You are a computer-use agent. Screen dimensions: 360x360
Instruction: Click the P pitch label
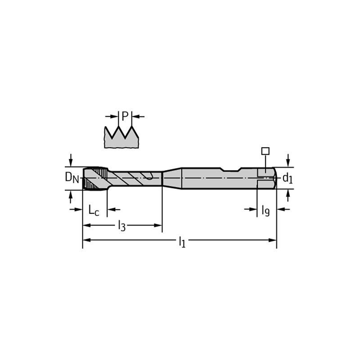tap(125, 116)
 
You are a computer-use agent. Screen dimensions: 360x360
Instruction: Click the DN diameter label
tap(72, 177)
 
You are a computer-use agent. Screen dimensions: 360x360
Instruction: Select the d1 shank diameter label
tap(288, 178)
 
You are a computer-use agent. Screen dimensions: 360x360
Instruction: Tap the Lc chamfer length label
tap(94, 210)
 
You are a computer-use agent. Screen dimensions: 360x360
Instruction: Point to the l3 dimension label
tap(121, 226)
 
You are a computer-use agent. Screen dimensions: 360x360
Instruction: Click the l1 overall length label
tap(182, 242)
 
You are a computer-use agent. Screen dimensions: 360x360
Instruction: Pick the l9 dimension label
tap(265, 210)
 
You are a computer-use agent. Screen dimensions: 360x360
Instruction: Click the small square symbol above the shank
tap(265, 151)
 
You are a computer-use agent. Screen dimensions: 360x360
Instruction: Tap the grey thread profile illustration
tap(121, 137)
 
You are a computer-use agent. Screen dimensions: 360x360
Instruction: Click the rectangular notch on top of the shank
tap(231, 170)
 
